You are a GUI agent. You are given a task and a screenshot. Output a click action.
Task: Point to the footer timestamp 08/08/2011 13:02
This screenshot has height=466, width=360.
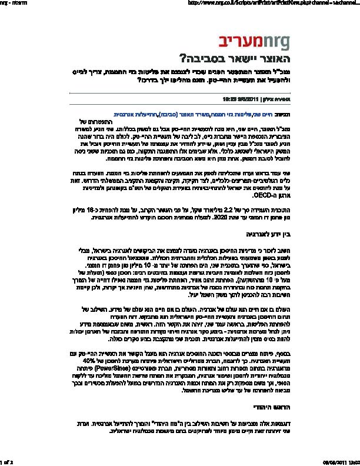[x=341, y=462]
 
